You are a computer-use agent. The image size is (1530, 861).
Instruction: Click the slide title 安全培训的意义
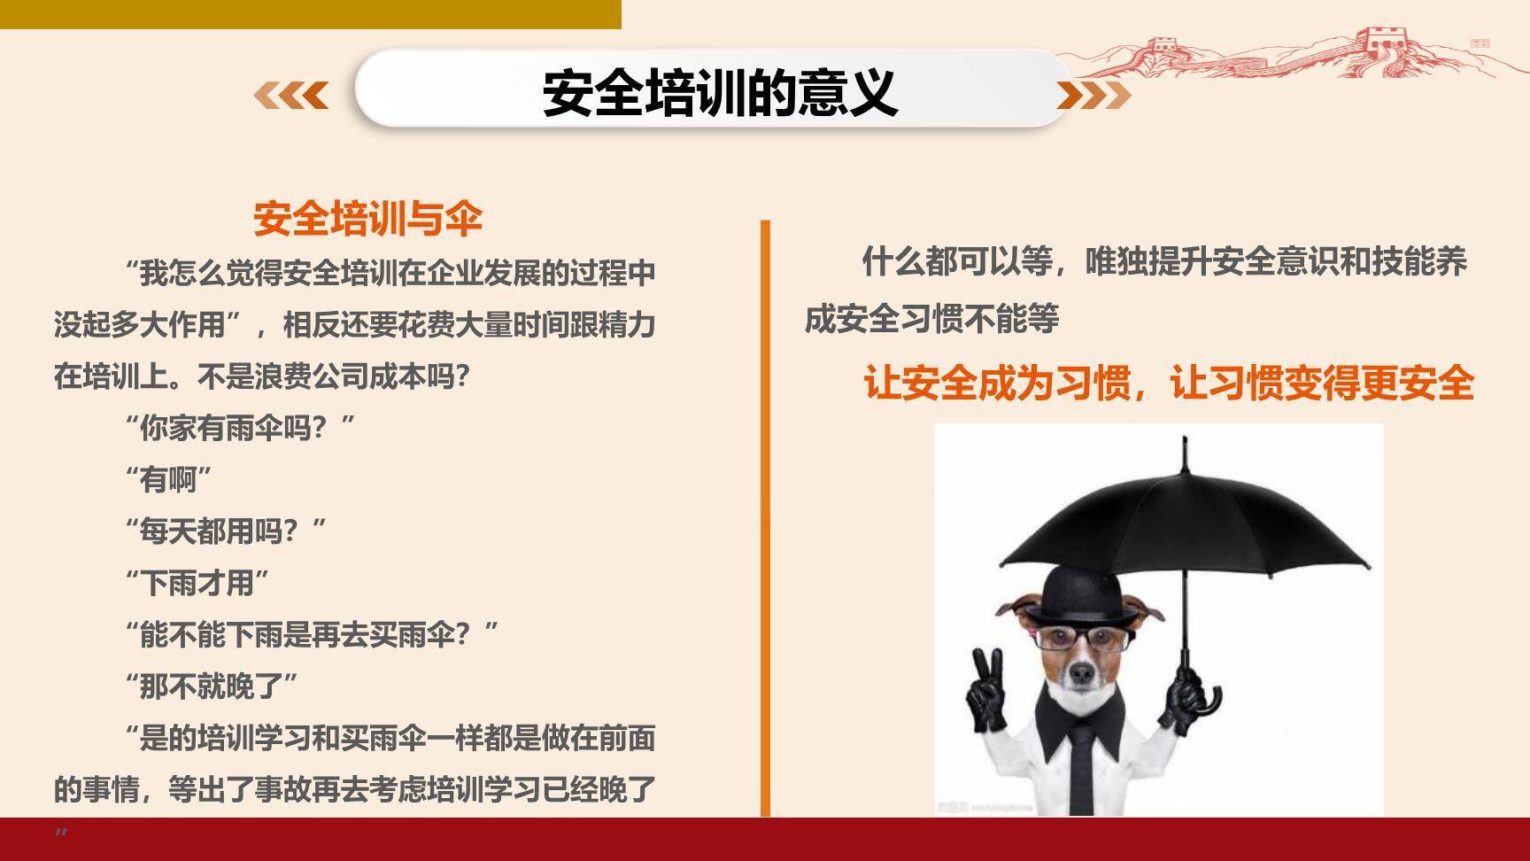(719, 92)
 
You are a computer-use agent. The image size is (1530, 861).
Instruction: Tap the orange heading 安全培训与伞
(367, 219)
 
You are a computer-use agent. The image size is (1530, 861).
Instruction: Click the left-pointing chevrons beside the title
(291, 94)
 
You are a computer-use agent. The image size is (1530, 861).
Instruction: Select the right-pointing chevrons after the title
(1093, 95)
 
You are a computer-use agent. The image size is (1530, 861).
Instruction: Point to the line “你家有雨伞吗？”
(240, 429)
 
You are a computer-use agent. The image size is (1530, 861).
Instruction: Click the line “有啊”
(168, 480)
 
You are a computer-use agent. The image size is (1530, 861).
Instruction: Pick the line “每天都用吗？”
(226, 531)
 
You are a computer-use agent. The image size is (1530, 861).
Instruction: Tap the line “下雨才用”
(197, 583)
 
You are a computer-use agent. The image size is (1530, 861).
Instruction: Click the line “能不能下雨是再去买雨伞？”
(312, 634)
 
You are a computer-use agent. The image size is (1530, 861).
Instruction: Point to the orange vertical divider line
(765, 518)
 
